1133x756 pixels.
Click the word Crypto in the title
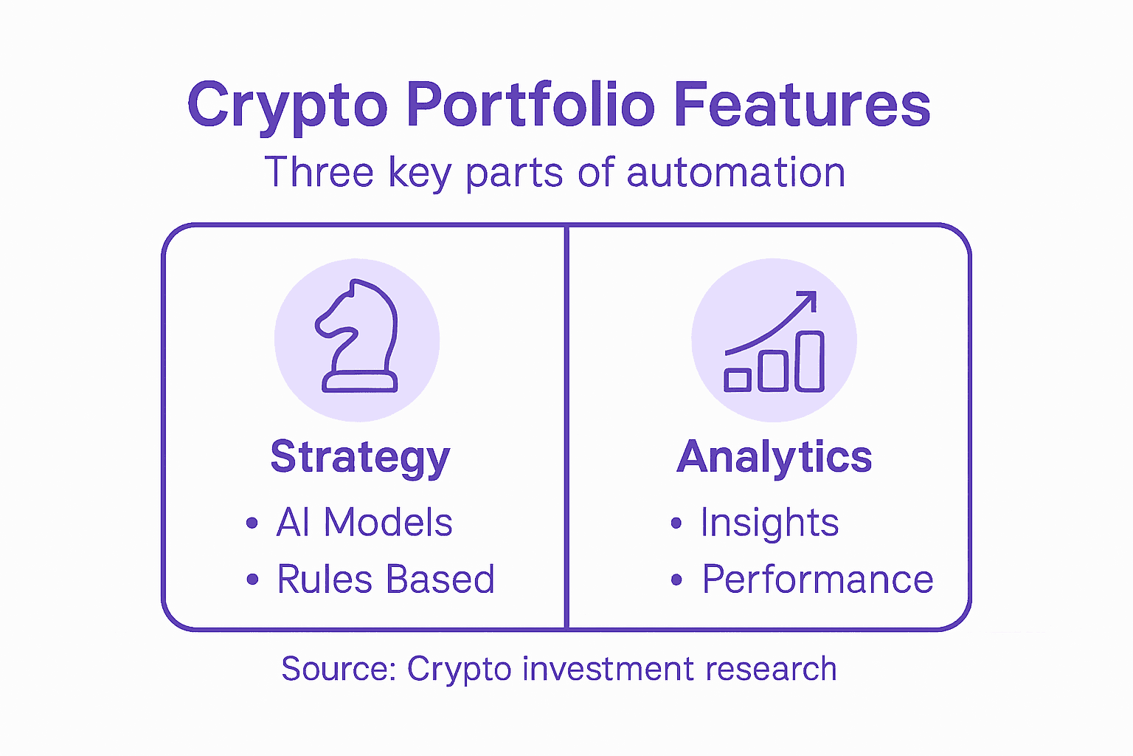point(287,107)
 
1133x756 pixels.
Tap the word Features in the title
point(803,104)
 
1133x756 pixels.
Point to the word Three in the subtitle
point(319,172)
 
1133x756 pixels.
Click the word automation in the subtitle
point(736,172)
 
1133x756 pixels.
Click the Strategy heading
point(360,457)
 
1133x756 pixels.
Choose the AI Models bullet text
point(364,522)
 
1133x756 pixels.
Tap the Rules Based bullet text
point(386,579)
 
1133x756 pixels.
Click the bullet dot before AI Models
point(252,523)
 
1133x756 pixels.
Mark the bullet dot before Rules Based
point(252,579)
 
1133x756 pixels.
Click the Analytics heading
point(775,457)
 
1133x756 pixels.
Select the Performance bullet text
point(817,580)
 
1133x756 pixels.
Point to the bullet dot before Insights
point(676,523)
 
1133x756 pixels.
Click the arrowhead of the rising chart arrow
point(808,299)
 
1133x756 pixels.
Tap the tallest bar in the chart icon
point(810,362)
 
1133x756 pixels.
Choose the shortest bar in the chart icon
point(738,380)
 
